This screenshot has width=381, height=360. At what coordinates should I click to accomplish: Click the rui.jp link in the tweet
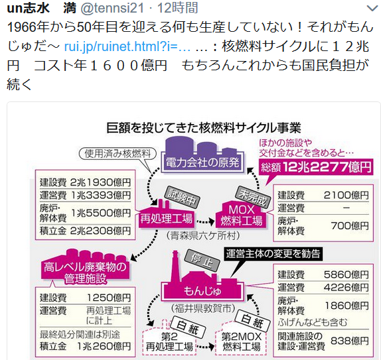tap(127, 46)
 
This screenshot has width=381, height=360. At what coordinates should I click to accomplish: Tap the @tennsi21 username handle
tap(112, 8)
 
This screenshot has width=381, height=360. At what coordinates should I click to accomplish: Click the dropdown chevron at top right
tap(372, 9)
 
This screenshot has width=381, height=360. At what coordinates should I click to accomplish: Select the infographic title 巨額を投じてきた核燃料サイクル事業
tap(204, 128)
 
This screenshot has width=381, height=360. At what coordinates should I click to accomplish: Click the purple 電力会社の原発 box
tap(202, 162)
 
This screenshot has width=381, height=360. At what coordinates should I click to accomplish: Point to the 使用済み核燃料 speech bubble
tap(117, 154)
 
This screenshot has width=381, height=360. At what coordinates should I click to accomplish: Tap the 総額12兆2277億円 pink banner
tap(316, 167)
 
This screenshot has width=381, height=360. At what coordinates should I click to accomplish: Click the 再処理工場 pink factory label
tap(167, 219)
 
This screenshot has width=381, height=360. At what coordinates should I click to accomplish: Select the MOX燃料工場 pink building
tap(242, 215)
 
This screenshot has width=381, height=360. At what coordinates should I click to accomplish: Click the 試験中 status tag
tap(182, 198)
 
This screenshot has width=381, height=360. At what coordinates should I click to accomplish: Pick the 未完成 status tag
tap(253, 198)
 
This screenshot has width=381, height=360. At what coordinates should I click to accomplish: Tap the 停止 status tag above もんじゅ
tap(202, 261)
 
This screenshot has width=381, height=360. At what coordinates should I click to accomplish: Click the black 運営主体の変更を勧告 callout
tap(273, 254)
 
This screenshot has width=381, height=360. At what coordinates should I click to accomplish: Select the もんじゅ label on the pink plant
tap(202, 290)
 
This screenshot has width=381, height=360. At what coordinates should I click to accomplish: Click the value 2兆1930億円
tap(100, 182)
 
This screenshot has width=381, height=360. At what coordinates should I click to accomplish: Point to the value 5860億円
tap(346, 274)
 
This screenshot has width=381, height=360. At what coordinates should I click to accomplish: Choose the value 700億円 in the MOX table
tap(350, 226)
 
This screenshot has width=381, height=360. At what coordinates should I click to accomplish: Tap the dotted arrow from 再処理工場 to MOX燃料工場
tap(205, 222)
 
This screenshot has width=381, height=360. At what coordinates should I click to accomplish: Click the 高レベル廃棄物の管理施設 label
tap(85, 272)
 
